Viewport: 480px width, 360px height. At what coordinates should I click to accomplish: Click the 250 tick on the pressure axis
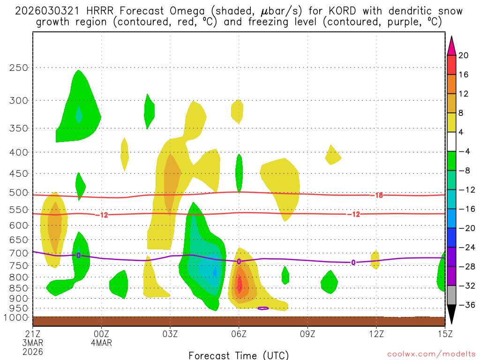coord(19,67)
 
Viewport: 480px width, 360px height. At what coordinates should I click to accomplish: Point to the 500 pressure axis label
coord(19,193)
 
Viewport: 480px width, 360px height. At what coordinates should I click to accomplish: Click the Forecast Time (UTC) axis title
coord(239,355)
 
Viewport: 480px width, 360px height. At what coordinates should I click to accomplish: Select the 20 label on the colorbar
coord(464,55)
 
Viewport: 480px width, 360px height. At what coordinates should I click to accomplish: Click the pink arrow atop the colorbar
coord(451,45)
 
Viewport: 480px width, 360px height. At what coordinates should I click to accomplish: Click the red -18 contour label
coord(379,195)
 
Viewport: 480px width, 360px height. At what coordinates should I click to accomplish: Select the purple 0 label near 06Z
coord(239,262)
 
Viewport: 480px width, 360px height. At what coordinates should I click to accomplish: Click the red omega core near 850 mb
coord(240,285)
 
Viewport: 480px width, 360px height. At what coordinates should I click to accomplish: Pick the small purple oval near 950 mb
coord(263,308)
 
